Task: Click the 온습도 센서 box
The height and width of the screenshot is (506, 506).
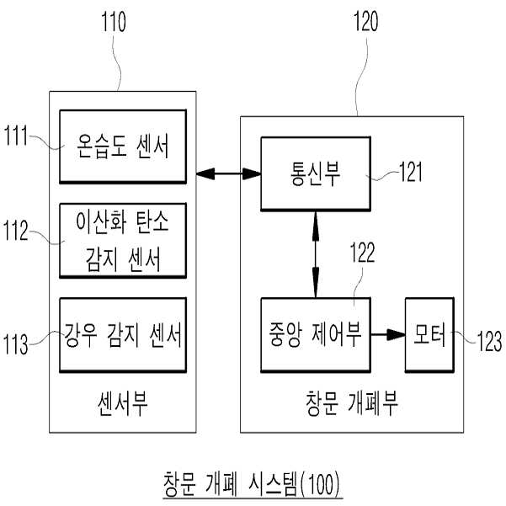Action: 123,146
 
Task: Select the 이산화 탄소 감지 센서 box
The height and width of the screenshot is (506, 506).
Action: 123,241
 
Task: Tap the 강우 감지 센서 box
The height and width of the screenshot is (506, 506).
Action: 123,335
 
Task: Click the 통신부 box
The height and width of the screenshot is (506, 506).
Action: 316,174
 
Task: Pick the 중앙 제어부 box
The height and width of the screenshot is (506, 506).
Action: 316,335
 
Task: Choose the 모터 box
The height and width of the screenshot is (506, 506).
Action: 429,335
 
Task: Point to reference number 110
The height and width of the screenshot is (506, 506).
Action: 114,22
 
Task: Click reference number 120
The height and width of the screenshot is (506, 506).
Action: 366,21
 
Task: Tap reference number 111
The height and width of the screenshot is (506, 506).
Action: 16,136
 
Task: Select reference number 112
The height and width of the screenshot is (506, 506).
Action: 16,231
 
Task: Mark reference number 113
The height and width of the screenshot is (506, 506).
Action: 16,344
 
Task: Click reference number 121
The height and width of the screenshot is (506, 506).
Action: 411,172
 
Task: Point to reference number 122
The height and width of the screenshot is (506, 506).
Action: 363,253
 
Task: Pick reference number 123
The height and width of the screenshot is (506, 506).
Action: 489,341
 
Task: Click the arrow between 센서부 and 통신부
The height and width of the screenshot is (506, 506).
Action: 228,174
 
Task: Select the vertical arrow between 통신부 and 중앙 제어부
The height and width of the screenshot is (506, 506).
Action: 316,254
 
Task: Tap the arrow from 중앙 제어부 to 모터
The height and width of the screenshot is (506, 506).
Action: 388,334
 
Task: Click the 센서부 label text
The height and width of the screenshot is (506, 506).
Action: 123,403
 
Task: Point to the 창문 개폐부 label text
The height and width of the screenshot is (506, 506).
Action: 351,403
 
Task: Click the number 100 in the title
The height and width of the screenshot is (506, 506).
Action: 322,484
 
